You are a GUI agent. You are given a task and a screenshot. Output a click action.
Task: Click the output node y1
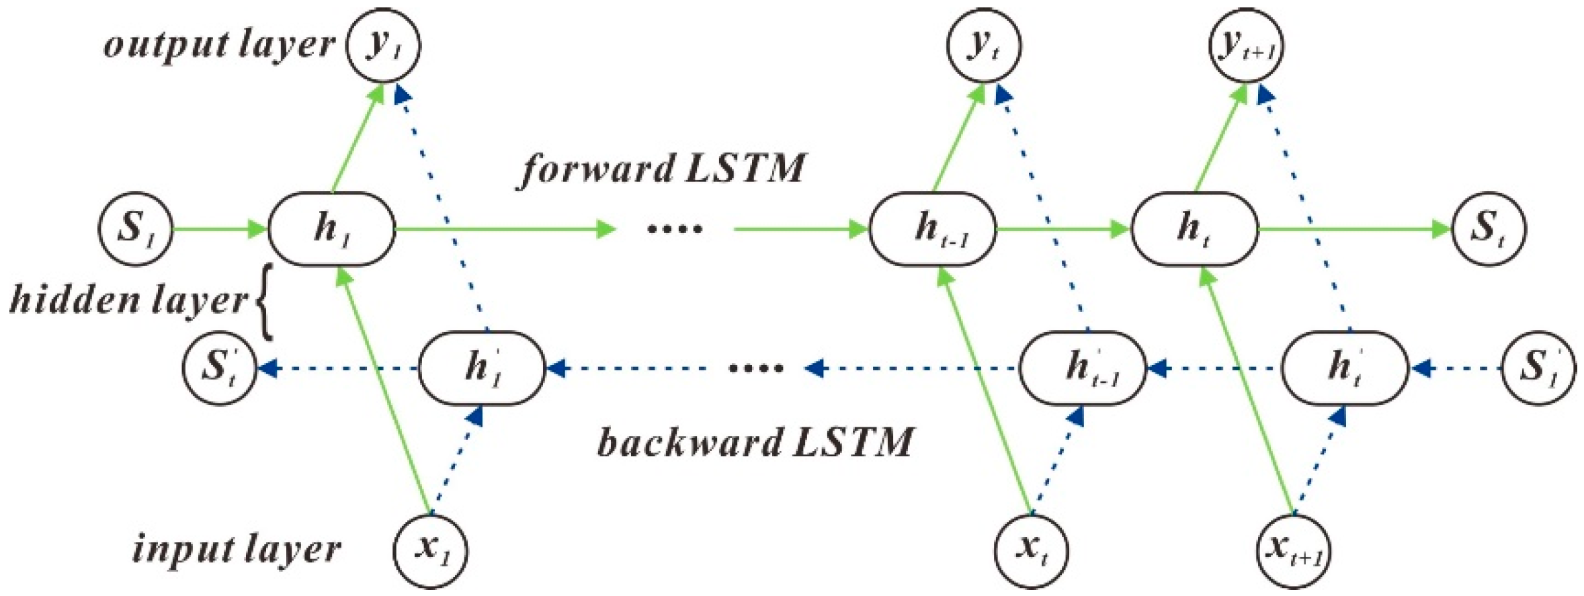[383, 45]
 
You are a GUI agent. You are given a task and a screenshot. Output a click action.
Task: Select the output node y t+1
[1247, 45]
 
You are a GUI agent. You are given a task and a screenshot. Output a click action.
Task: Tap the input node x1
[431, 551]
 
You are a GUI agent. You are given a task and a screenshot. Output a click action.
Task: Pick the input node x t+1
[1294, 551]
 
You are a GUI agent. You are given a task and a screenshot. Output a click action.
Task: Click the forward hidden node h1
[331, 229]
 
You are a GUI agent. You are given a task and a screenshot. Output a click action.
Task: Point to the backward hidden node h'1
[482, 368]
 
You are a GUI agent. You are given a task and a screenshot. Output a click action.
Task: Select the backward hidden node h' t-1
[1083, 368]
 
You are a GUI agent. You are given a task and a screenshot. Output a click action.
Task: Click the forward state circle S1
[136, 228]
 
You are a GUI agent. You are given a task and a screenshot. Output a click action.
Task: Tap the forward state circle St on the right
[1489, 228]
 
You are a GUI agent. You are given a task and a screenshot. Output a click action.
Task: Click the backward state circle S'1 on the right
[1538, 368]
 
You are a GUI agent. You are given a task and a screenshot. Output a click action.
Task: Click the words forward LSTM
[662, 169]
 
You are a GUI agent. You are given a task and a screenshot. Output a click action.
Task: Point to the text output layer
[218, 45]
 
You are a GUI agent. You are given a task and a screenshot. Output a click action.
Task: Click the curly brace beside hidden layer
[265, 301]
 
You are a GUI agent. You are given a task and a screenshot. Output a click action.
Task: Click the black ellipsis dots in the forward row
[674, 229]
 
